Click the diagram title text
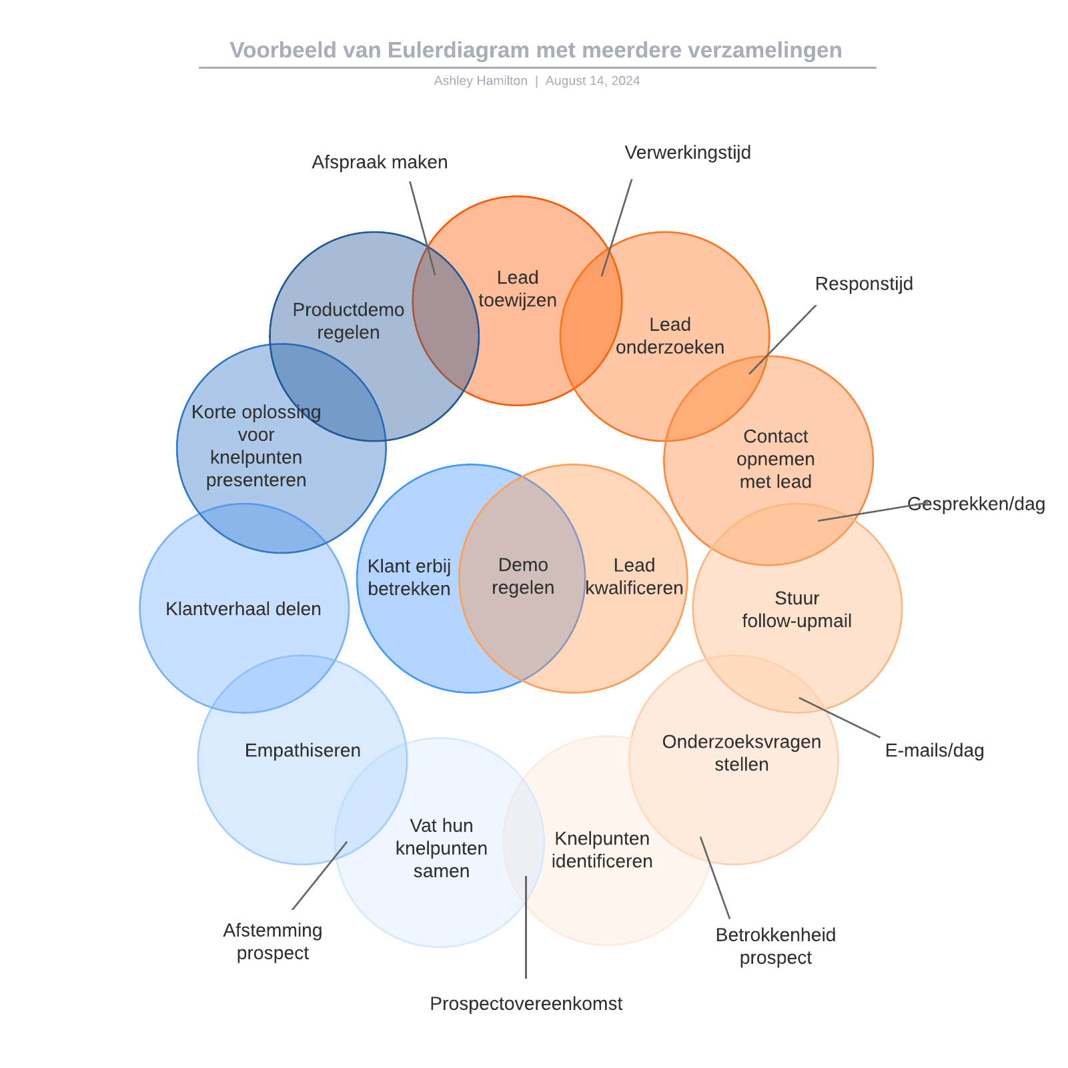click(x=536, y=50)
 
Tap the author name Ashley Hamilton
click(x=480, y=81)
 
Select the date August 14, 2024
click(x=592, y=81)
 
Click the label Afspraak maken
click(x=380, y=162)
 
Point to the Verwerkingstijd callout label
click(x=688, y=153)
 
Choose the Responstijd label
click(x=864, y=284)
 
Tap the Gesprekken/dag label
click(x=976, y=504)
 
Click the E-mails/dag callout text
click(x=934, y=750)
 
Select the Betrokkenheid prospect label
click(x=775, y=946)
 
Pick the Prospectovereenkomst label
click(x=526, y=1003)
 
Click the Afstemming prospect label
click(x=273, y=941)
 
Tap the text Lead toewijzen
click(x=518, y=289)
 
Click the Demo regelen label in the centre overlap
click(x=523, y=576)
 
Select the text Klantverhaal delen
click(x=243, y=609)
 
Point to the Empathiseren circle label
click(x=302, y=750)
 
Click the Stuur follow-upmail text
click(x=796, y=610)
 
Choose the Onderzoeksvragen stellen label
click(x=741, y=753)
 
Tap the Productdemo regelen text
click(x=348, y=321)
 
